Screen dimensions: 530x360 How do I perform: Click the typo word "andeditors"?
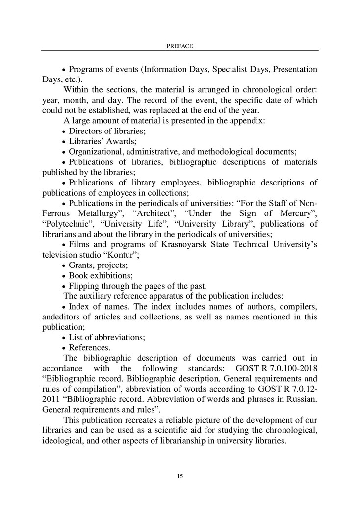(x=62, y=317)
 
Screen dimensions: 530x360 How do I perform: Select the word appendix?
(x=249, y=121)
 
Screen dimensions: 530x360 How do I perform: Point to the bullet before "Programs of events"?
(x=64, y=69)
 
